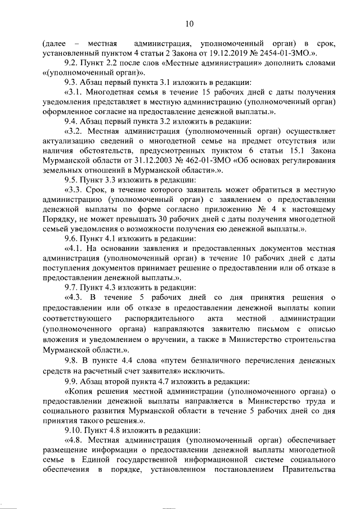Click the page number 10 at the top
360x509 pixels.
coord(189,23)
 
